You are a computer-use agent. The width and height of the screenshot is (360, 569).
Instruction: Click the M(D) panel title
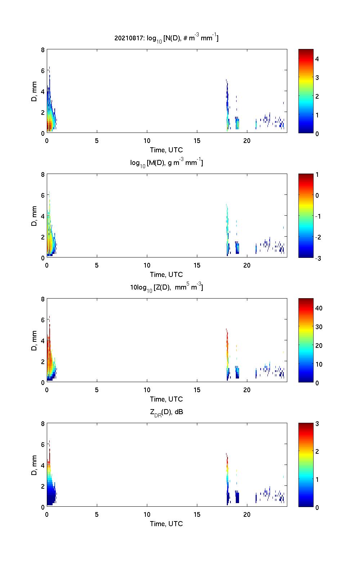coord(166,163)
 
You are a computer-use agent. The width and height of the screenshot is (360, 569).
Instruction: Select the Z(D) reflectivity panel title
coord(166,287)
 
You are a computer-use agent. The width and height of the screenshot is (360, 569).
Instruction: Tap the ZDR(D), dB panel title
coord(166,412)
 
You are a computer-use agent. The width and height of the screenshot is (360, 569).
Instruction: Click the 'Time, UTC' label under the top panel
coord(166,150)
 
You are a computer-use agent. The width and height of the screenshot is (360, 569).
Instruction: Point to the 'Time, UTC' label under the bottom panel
coord(166,524)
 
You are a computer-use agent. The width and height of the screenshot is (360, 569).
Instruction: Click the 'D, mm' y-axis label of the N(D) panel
coord(34,91)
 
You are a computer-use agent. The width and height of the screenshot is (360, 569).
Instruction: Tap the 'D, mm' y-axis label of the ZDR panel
coord(34,465)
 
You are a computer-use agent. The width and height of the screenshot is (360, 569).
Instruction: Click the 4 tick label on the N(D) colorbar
coord(317,59)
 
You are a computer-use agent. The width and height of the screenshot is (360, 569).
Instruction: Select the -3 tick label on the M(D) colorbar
coord(316,258)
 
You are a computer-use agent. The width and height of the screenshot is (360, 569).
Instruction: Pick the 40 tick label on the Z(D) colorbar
coord(319,308)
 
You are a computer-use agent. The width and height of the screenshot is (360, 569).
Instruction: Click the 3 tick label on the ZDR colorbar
coord(317,424)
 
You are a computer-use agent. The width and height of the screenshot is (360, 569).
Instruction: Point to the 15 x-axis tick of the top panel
coord(197,140)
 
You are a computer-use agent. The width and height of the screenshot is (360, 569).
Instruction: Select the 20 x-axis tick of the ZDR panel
coord(247,514)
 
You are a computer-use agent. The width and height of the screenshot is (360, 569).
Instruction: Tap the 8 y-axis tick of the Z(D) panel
coord(43,299)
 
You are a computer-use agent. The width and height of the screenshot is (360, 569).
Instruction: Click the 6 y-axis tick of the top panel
coord(43,71)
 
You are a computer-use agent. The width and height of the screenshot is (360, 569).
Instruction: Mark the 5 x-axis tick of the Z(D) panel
coord(97,390)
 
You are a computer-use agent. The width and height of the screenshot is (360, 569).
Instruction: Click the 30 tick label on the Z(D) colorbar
coord(319,327)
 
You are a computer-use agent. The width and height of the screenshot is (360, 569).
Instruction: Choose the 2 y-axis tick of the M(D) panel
coord(43,237)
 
